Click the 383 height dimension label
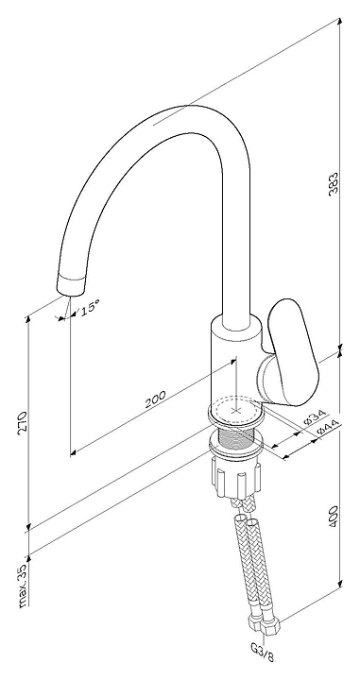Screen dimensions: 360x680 (333, 184)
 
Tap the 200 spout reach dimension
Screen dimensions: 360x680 (155, 399)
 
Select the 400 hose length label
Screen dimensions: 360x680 (333, 517)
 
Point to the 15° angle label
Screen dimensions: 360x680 (90, 308)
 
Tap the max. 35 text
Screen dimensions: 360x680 (24, 585)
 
